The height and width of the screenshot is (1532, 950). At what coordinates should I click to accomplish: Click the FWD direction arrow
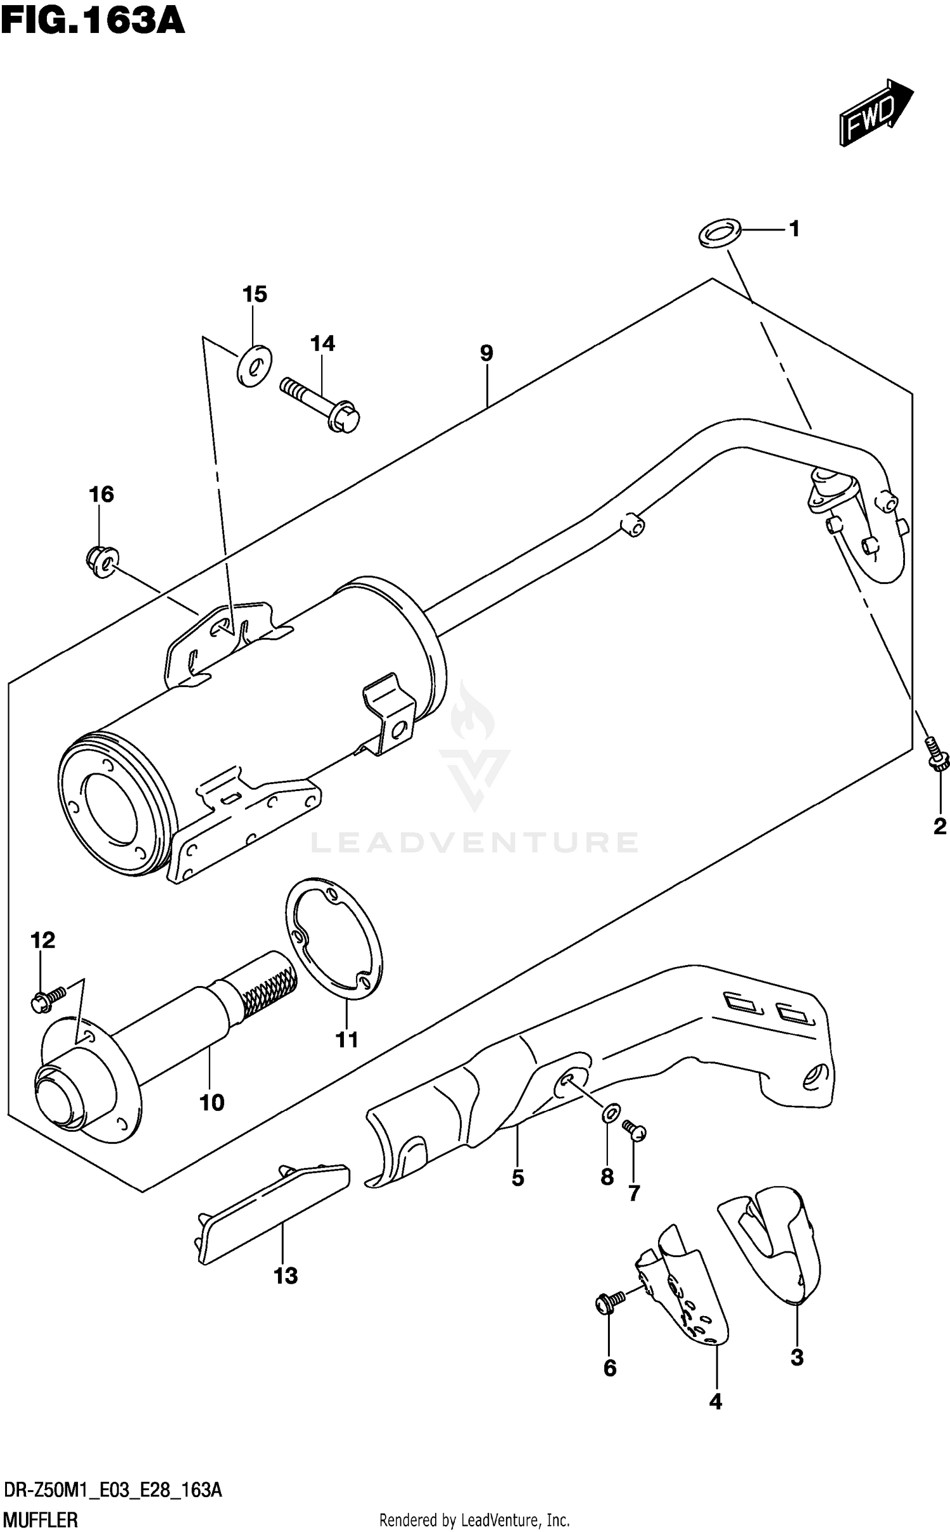[x=875, y=114]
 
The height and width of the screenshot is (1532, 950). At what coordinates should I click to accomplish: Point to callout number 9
[x=486, y=353]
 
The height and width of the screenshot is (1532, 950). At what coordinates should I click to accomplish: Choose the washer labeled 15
[x=253, y=365]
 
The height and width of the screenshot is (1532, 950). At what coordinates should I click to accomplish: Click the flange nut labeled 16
[x=100, y=560]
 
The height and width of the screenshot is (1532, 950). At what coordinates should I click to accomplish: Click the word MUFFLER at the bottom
[x=41, y=1519]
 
